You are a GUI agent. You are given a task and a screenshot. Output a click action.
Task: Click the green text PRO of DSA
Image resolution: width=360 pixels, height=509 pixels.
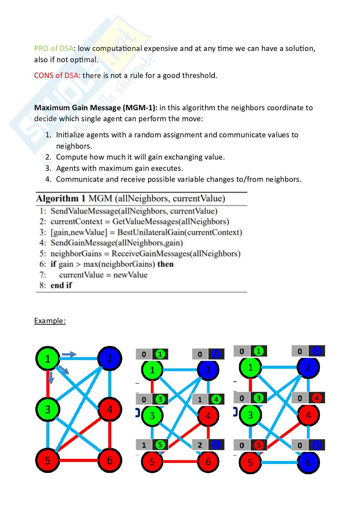[54, 49]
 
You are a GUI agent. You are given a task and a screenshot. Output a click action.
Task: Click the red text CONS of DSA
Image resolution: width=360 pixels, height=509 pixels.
[57, 75]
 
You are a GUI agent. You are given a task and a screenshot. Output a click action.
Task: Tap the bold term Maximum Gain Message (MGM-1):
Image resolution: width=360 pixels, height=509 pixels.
[96, 108]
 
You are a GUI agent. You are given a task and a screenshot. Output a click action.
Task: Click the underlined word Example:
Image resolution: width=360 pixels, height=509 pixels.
[50, 321]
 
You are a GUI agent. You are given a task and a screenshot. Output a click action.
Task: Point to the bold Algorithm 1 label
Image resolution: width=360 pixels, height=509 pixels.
[60, 199]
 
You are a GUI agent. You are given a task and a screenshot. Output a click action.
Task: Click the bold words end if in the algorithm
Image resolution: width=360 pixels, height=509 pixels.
[61, 285]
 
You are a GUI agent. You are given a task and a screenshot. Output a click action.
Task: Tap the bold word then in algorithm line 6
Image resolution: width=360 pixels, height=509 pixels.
[165, 264]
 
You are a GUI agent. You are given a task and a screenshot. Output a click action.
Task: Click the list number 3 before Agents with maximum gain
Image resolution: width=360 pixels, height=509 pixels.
[48, 168]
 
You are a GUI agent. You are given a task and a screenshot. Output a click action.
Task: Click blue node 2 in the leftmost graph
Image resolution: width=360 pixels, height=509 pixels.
[110, 358]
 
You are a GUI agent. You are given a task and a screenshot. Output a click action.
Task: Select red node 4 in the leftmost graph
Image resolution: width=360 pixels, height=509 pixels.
[110, 409]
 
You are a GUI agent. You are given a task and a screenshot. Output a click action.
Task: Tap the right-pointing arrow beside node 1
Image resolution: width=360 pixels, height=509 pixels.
[69, 355]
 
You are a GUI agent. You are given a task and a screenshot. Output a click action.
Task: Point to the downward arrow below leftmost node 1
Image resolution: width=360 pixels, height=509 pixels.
[50, 378]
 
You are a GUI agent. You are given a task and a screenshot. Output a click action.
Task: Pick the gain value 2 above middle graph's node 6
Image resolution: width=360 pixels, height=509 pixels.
[200, 445]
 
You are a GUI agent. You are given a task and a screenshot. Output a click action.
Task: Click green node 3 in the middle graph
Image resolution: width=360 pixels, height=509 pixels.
[152, 416]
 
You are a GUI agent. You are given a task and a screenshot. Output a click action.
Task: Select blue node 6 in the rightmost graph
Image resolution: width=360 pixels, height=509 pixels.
[308, 463]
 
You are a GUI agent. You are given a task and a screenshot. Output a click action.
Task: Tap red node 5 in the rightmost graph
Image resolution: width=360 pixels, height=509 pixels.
[250, 463]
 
